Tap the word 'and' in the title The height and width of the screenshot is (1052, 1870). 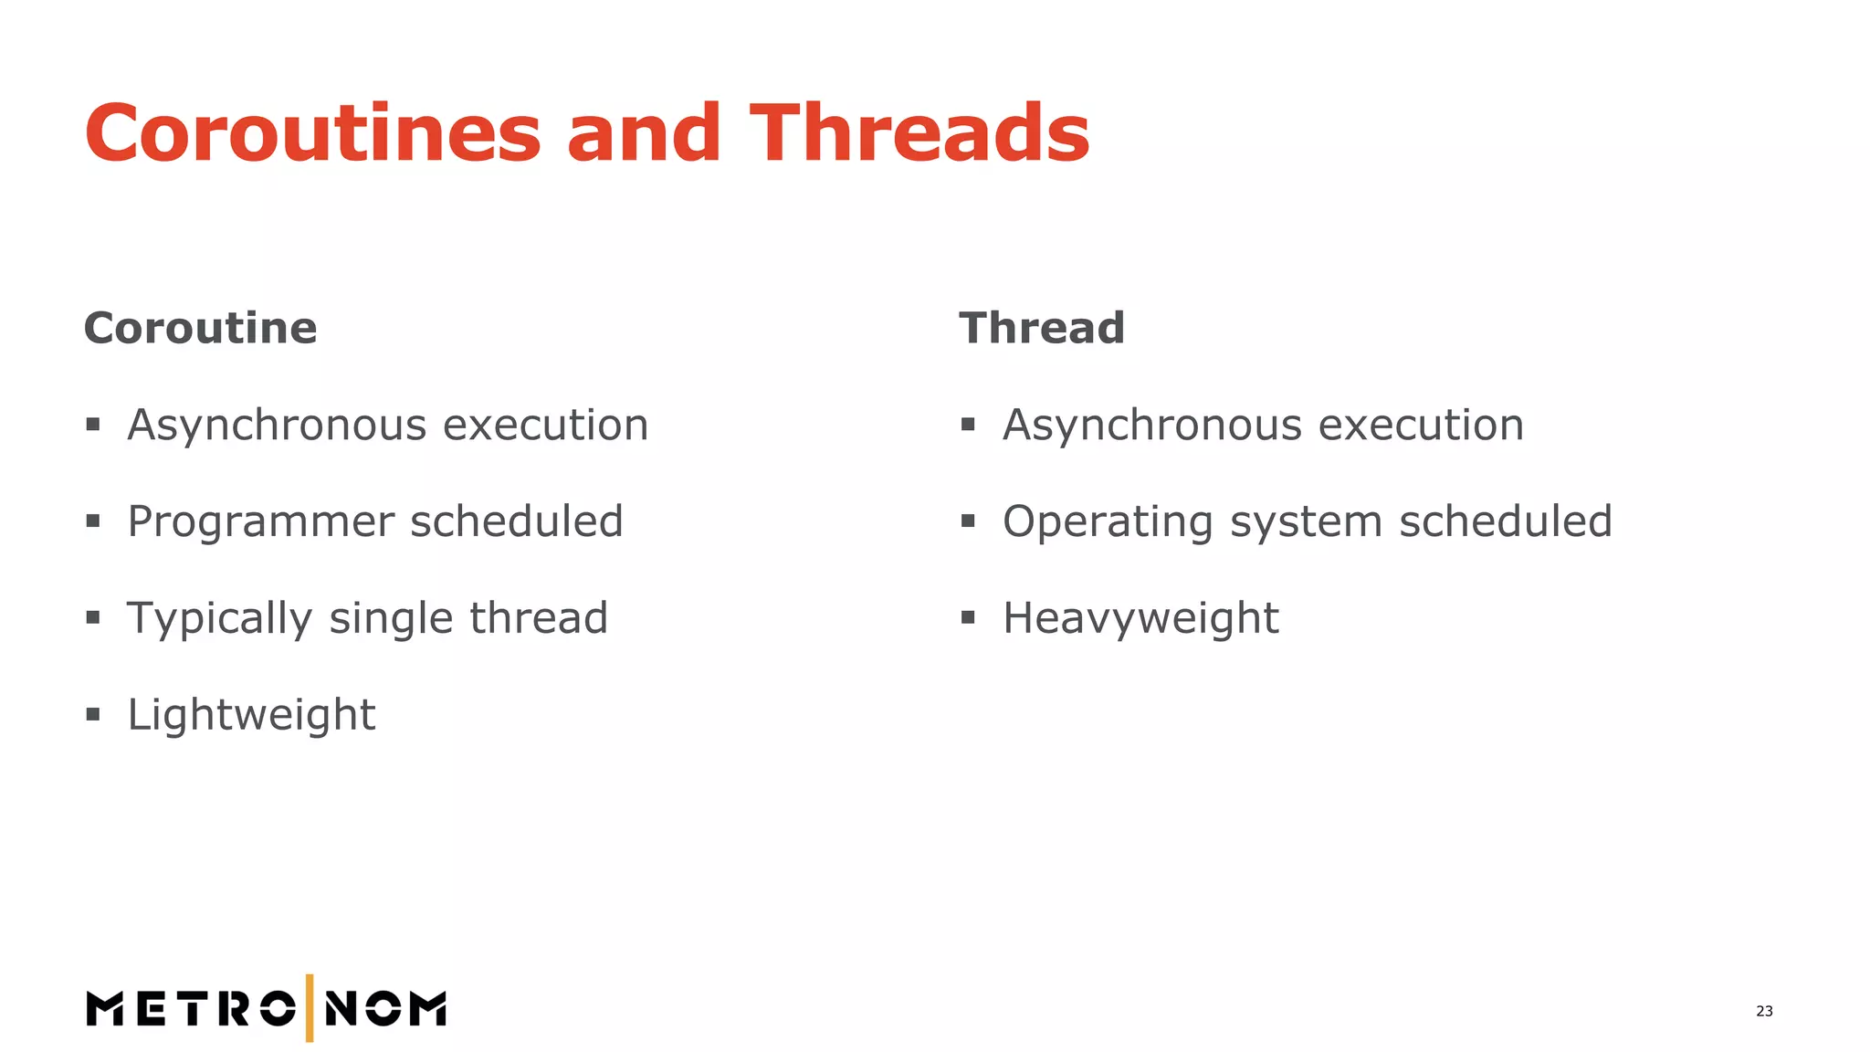pyautogui.click(x=644, y=133)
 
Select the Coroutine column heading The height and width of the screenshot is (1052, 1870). pyautogui.click(x=200, y=328)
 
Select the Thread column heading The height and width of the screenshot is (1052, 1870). pyautogui.click(x=1041, y=328)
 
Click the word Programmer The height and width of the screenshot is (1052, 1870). pyautogui.click(x=260, y=522)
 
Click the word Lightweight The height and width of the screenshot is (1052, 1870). pyautogui.click(x=251, y=715)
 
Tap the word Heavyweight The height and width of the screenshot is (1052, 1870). pyautogui.click(x=1140, y=618)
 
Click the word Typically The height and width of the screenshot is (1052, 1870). pyautogui.click(x=219, y=618)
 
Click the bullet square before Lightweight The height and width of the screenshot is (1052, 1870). pyautogui.click(x=93, y=714)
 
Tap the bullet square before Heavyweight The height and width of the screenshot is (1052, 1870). pyautogui.click(x=968, y=618)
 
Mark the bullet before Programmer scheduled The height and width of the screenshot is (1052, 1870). pyautogui.click(x=93, y=521)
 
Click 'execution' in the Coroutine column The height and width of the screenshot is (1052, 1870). pyautogui.click(x=546, y=426)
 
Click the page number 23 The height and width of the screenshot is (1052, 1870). pyautogui.click(x=1764, y=1011)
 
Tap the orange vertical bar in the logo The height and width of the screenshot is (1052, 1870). pyautogui.click(x=310, y=1008)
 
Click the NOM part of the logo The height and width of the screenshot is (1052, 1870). pyautogui.click(x=385, y=1009)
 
